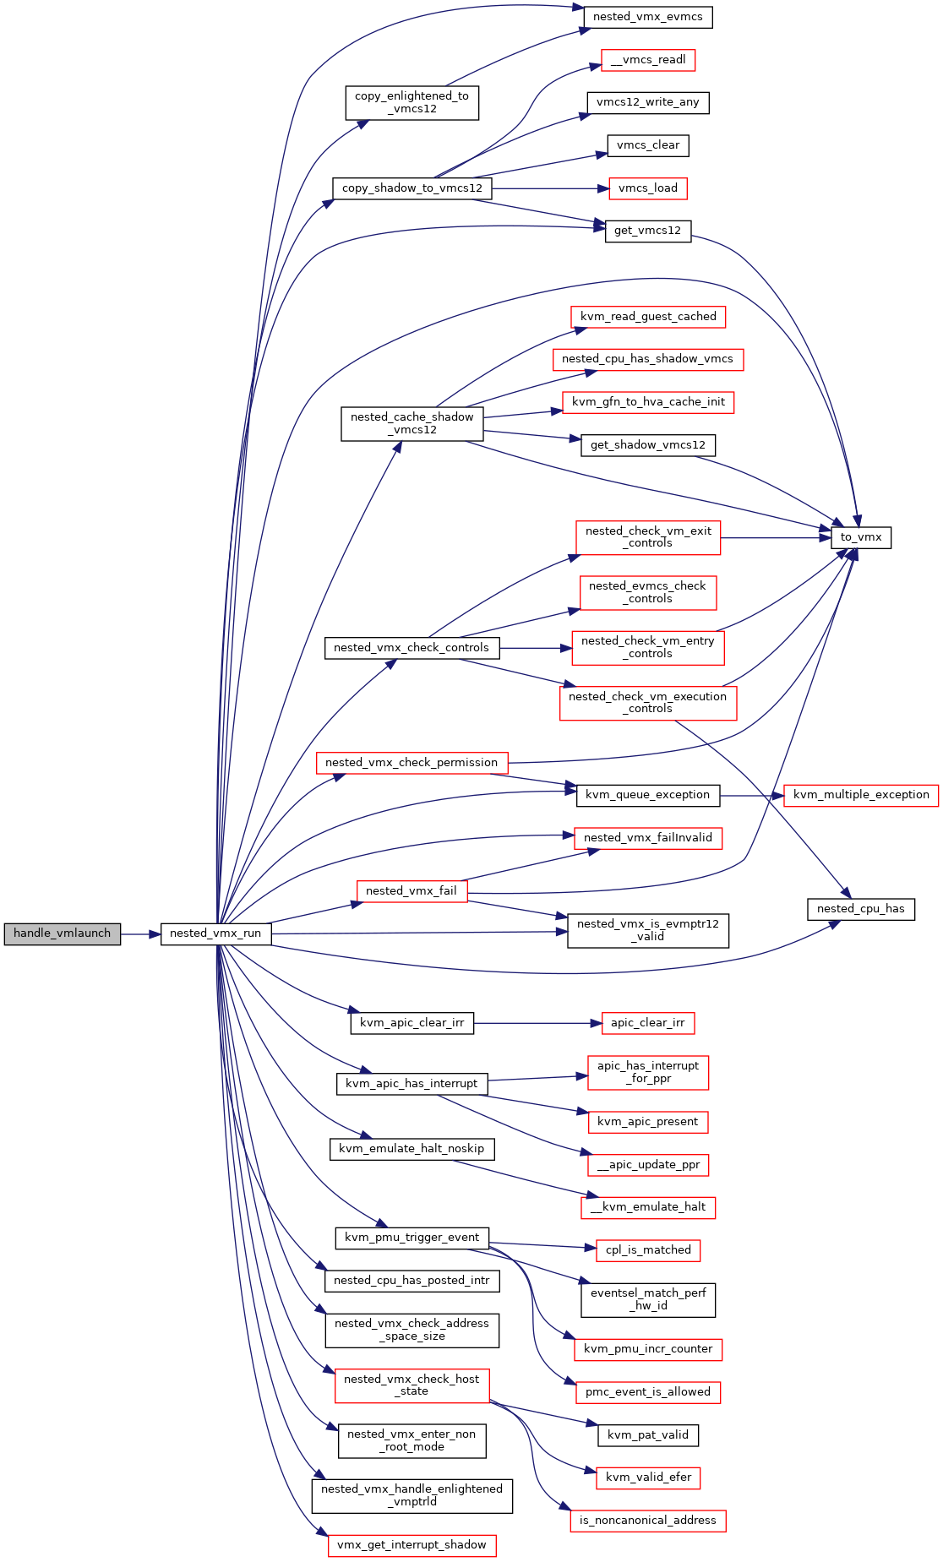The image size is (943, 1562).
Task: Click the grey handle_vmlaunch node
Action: click(x=62, y=933)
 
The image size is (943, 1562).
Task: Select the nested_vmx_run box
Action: click(x=215, y=933)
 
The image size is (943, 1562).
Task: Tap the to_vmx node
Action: click(x=861, y=537)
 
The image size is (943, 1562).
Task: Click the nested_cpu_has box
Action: click(x=861, y=909)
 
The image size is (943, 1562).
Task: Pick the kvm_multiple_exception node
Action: click(x=861, y=795)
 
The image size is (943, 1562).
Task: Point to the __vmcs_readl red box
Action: click(x=648, y=60)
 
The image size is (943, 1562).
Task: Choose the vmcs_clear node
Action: click(x=648, y=145)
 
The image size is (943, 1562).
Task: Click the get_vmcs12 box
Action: click(x=648, y=231)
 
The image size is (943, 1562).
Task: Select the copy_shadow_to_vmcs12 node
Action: click(x=412, y=188)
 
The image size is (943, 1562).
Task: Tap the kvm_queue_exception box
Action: click(x=648, y=795)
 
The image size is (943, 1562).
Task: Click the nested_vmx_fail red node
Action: click(x=412, y=891)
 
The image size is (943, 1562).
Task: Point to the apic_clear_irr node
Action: click(x=648, y=1023)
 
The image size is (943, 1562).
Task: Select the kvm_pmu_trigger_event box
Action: click(x=412, y=1238)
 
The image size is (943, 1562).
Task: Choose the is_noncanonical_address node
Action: click(x=648, y=1521)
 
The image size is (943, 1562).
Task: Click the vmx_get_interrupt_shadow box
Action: click(x=412, y=1545)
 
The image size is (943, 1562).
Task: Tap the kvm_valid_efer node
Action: click(x=648, y=1478)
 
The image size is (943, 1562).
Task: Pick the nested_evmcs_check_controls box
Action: click(x=648, y=592)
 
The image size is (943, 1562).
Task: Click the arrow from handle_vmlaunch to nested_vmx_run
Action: click(x=140, y=934)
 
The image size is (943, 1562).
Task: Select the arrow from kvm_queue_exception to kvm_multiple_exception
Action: click(x=752, y=795)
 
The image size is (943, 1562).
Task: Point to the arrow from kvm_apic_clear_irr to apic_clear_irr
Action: click(x=537, y=1023)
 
